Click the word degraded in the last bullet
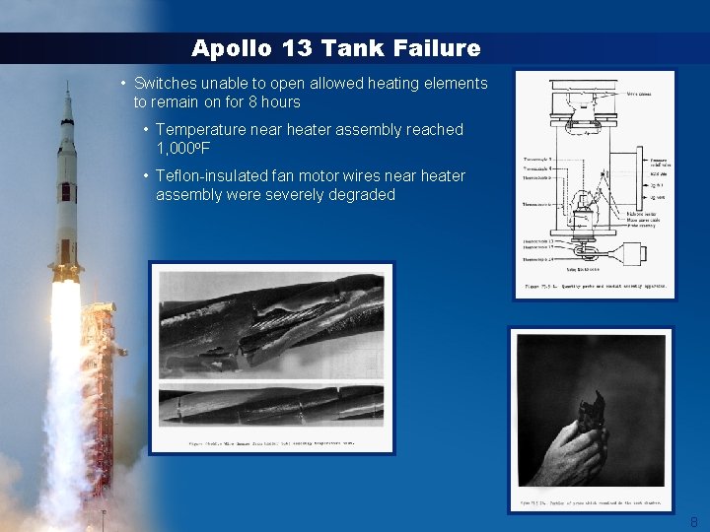click(x=363, y=194)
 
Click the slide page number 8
click(x=693, y=522)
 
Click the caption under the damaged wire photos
click(x=271, y=443)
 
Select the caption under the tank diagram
click(x=594, y=287)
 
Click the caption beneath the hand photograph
click(x=590, y=504)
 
